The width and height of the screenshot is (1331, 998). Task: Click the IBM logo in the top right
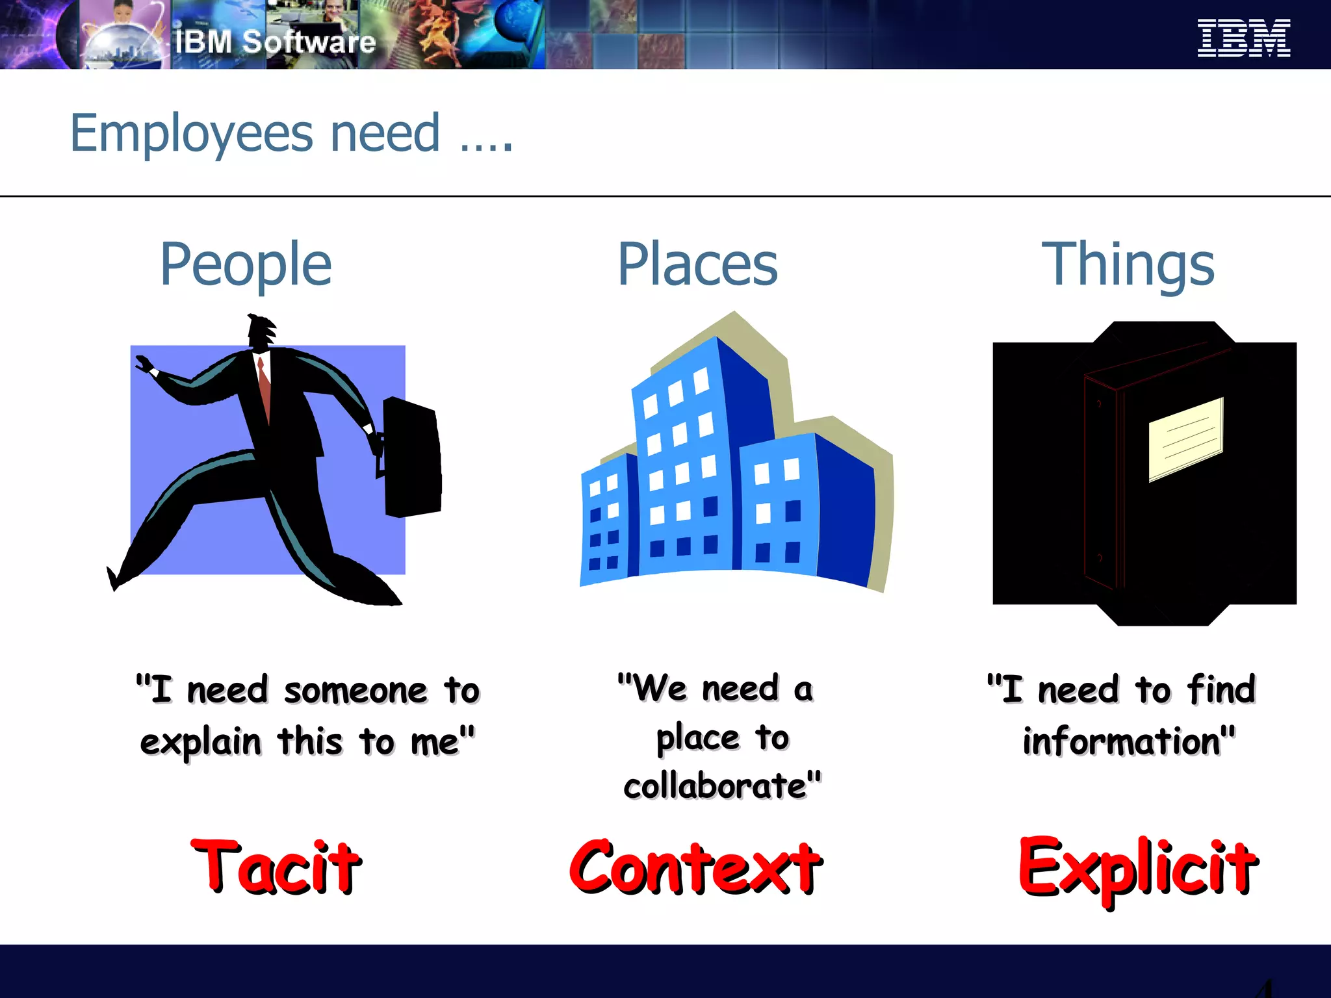[x=1243, y=38]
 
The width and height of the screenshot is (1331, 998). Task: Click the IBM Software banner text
[x=275, y=42]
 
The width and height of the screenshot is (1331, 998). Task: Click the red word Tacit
[x=276, y=867]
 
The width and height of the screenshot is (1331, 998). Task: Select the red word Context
[x=695, y=867]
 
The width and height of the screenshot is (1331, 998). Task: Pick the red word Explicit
[x=1137, y=868]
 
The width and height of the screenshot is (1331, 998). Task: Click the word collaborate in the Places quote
[x=715, y=786]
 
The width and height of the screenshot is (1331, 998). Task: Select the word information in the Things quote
[x=1121, y=742]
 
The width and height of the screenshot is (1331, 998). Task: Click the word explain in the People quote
[x=200, y=742]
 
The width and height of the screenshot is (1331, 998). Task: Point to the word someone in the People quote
[x=356, y=690]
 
